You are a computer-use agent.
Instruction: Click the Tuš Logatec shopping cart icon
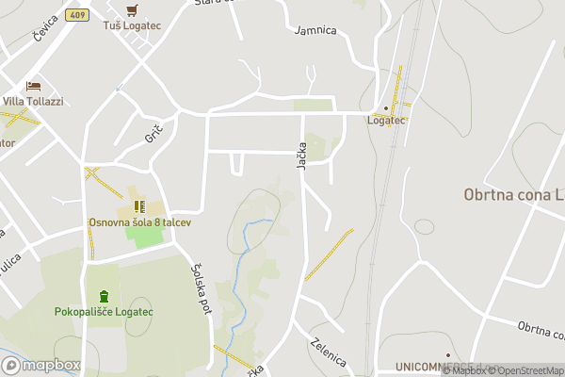pyautogui.click(x=132, y=9)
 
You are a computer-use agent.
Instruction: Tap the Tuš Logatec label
pyautogui.click(x=132, y=25)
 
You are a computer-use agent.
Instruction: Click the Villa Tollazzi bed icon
pyautogui.click(x=33, y=86)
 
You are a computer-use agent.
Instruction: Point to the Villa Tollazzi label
pyautogui.click(x=33, y=102)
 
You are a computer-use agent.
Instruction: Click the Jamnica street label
pyautogui.click(x=315, y=30)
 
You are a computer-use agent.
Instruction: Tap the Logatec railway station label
pyautogui.click(x=385, y=121)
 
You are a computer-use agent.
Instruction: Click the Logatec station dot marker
pyautogui.click(x=385, y=107)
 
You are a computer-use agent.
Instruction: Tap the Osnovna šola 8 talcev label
pyautogui.click(x=140, y=221)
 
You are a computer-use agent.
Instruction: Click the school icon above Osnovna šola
pyautogui.click(x=138, y=205)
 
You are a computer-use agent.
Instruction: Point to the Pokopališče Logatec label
pyautogui.click(x=104, y=312)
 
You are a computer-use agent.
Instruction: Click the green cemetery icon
pyautogui.click(x=103, y=296)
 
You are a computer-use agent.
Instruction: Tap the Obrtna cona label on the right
pyautogui.click(x=513, y=195)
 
